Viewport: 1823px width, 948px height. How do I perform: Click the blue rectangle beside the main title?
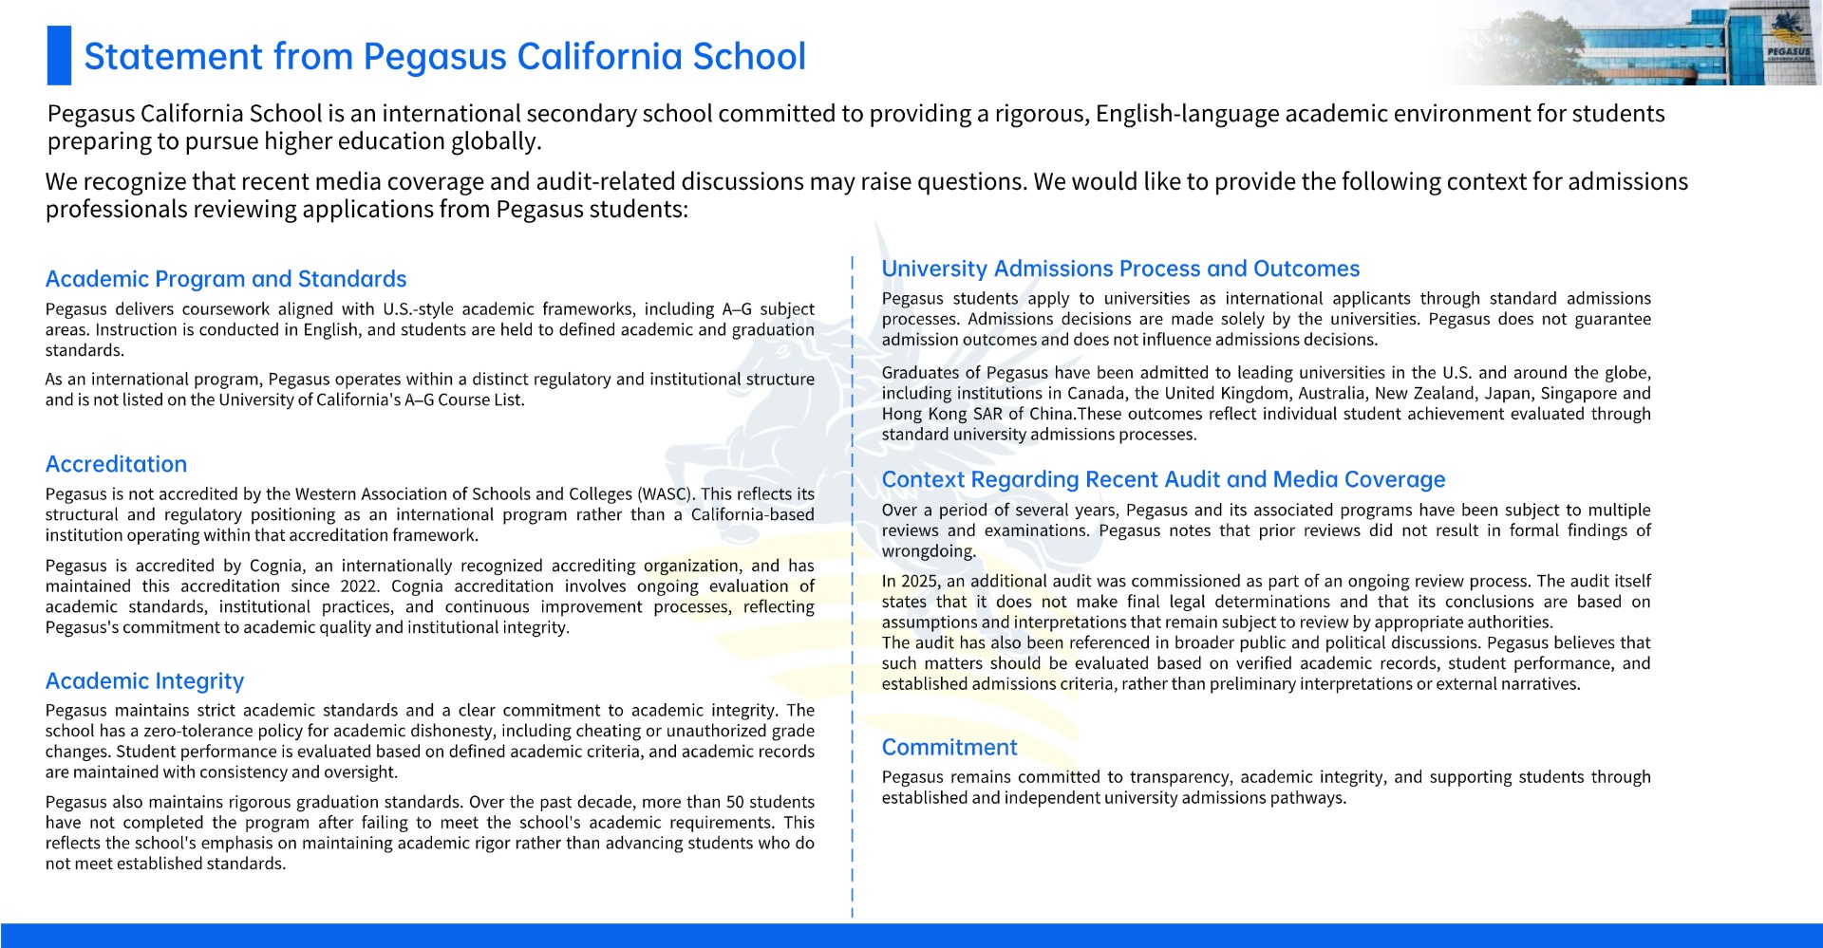(x=59, y=55)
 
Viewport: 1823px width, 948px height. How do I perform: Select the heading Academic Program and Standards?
(x=226, y=279)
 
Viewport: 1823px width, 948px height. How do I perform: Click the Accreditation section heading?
(x=116, y=464)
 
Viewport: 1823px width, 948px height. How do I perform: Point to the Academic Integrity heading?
(x=144, y=681)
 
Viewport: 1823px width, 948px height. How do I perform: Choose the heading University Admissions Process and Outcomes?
(x=1120, y=269)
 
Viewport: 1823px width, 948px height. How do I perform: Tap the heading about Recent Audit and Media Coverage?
(x=1163, y=479)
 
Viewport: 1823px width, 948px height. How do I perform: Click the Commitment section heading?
(x=949, y=748)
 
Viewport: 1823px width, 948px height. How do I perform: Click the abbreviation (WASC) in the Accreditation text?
(x=666, y=494)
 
